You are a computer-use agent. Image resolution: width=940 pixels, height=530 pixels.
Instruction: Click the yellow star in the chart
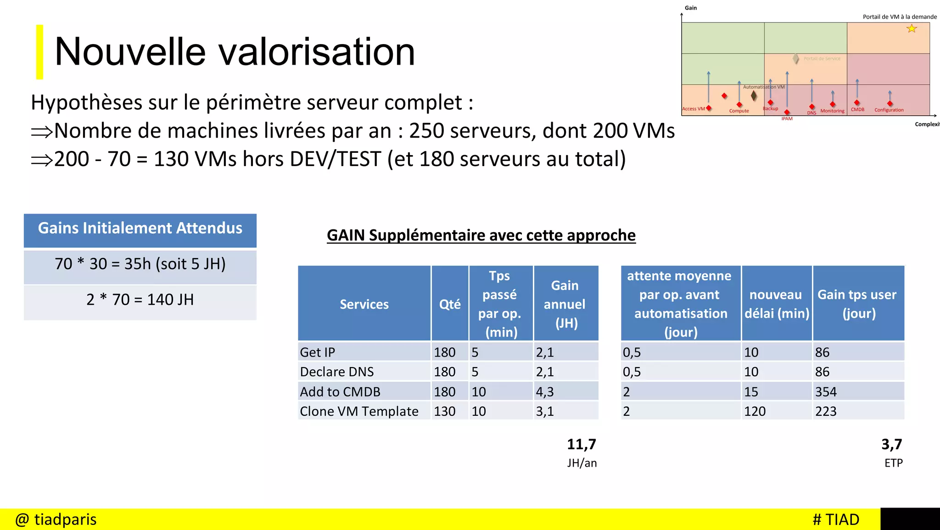point(912,29)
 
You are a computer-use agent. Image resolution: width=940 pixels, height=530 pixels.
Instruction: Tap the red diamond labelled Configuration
point(890,104)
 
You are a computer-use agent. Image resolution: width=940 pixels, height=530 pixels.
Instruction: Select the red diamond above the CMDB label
point(857,103)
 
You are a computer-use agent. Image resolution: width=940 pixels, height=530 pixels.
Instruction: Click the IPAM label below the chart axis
point(787,119)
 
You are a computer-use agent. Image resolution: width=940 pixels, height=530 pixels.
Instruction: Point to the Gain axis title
point(691,8)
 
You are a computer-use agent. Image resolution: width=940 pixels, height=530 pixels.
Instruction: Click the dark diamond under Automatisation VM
point(754,95)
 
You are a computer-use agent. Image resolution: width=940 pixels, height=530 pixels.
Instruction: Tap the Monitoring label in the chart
point(832,111)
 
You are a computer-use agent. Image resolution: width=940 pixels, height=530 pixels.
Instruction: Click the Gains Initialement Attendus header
point(140,229)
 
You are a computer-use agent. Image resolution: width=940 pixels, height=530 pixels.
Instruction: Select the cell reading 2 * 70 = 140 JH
point(140,300)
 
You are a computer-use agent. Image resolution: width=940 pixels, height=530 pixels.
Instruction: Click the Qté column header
point(450,304)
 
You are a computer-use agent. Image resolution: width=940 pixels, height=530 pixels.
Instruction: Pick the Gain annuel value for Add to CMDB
point(545,392)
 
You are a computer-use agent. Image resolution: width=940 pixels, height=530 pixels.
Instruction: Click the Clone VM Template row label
point(359,411)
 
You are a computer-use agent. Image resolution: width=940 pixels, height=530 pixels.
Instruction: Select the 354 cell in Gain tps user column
point(826,392)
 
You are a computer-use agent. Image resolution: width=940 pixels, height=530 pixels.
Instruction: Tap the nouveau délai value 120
point(755,411)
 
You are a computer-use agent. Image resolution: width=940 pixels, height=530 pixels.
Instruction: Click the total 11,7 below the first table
point(582,444)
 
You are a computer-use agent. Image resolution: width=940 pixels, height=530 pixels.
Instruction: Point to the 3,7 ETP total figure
point(892,444)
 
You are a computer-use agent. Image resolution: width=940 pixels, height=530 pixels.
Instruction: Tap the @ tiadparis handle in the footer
point(56,519)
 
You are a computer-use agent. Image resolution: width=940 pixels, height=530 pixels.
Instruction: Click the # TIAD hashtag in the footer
point(836,519)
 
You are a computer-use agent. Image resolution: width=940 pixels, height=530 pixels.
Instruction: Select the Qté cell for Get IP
point(445,352)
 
